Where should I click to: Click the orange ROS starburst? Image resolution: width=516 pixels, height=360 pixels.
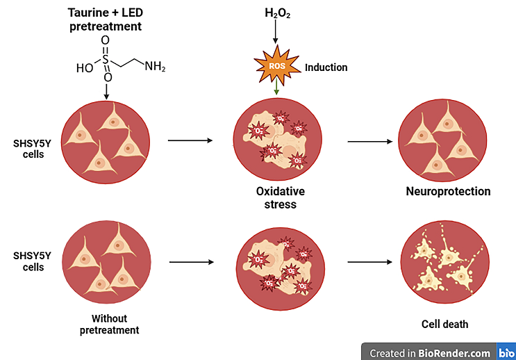[276, 66]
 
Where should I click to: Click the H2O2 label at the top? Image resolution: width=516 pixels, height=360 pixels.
[276, 13]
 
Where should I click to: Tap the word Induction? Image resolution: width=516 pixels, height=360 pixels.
[326, 67]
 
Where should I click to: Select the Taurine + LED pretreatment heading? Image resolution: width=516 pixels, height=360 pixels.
[113, 19]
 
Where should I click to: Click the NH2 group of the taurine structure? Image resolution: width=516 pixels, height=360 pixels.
[155, 67]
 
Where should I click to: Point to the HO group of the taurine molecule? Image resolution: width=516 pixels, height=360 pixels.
[85, 68]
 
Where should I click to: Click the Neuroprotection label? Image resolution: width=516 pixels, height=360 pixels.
[448, 191]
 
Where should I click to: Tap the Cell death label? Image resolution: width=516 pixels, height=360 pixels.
[445, 324]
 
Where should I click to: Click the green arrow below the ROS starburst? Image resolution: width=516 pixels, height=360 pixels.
[277, 88]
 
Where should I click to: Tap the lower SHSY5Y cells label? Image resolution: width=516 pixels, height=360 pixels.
[28, 262]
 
